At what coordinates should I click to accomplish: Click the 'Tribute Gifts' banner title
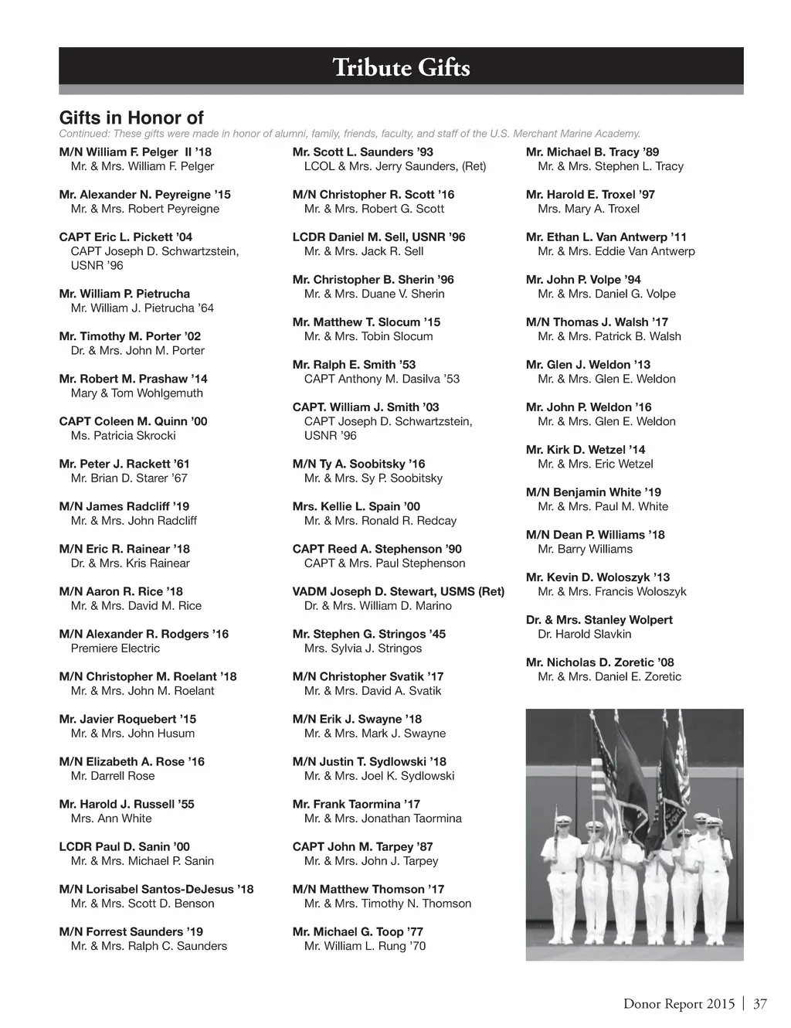(x=401, y=67)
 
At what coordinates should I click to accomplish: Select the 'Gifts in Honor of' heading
(x=131, y=117)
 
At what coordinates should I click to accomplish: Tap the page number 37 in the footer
(x=760, y=1004)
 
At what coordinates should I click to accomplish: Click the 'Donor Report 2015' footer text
(x=679, y=1004)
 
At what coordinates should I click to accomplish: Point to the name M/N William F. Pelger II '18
(x=135, y=152)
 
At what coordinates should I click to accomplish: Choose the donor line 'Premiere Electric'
(x=115, y=648)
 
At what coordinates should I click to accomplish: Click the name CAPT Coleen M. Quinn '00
(x=133, y=421)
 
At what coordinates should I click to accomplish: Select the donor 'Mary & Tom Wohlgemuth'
(x=137, y=393)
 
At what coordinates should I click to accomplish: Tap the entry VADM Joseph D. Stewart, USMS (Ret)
(x=398, y=591)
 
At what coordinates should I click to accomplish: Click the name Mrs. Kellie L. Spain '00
(x=356, y=506)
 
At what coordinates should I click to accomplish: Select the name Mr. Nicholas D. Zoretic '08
(x=599, y=662)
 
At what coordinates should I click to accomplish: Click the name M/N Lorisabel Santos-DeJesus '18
(x=156, y=889)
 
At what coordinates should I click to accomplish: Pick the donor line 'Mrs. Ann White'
(x=111, y=819)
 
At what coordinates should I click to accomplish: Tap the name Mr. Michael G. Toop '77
(x=358, y=931)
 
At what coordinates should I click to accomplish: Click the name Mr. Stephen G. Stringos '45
(x=368, y=634)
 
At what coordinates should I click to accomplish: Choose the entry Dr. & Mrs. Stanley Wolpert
(x=599, y=620)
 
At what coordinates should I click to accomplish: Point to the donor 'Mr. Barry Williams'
(x=585, y=550)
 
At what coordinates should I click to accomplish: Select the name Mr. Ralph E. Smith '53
(x=354, y=365)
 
